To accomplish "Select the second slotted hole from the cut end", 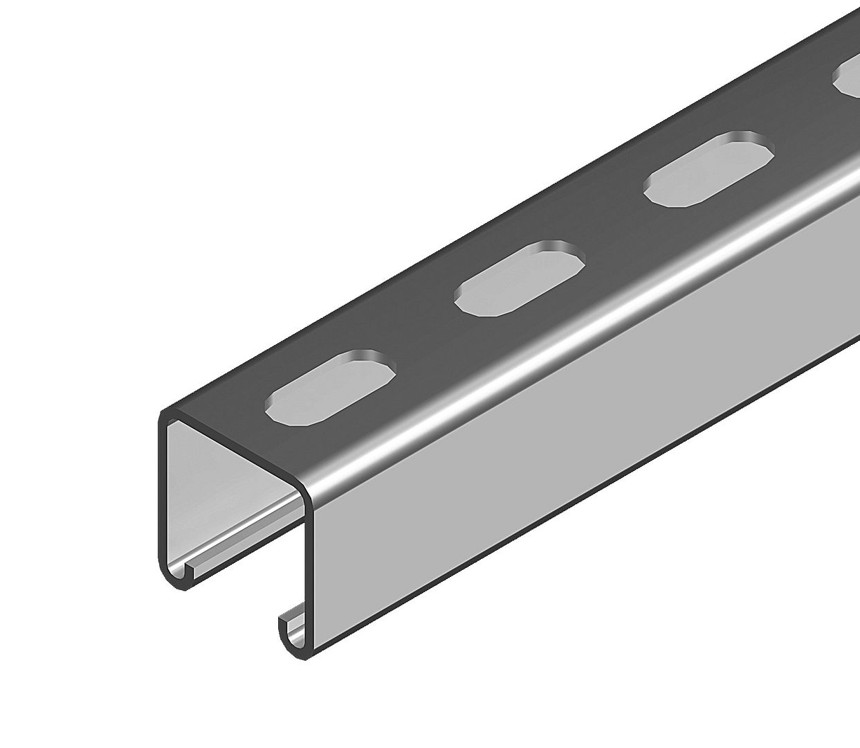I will point(520,280).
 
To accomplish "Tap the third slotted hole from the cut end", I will point(708,169).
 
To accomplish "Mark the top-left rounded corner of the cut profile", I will point(167,416).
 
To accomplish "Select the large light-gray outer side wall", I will point(553,443).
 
